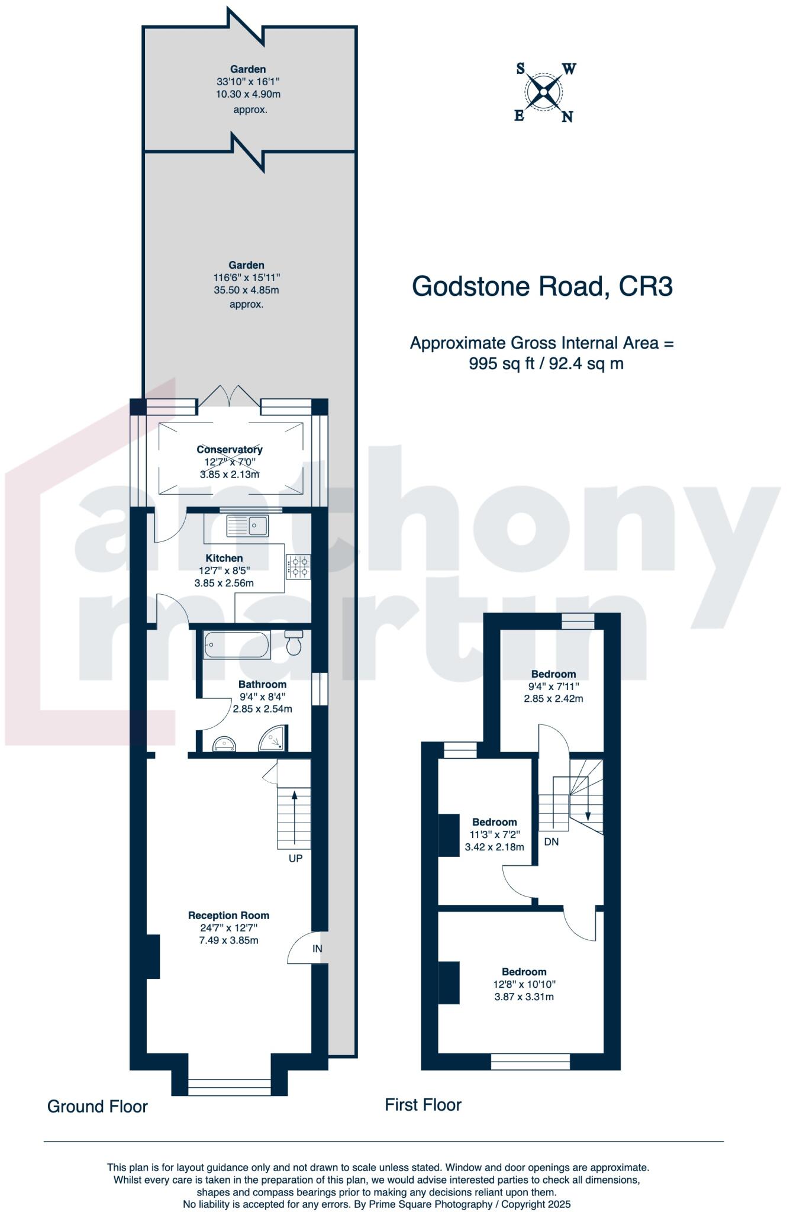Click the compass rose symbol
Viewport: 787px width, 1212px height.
click(543, 92)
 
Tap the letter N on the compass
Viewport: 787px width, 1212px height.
click(567, 117)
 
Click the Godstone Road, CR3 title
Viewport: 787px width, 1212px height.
click(542, 286)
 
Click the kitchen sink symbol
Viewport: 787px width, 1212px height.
click(248, 525)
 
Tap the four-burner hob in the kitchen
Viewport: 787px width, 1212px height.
click(298, 566)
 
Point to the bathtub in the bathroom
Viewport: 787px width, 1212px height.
click(237, 644)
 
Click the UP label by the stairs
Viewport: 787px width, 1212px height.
click(295, 858)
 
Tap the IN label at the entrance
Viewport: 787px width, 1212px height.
click(317, 949)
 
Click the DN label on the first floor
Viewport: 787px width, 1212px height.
click(551, 842)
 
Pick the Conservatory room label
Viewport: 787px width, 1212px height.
click(230, 450)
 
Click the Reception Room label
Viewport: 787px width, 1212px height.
click(228, 916)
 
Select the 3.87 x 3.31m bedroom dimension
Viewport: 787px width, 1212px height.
click(524, 997)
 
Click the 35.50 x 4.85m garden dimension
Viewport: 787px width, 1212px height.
click(246, 291)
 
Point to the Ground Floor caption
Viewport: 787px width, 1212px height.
click(98, 1107)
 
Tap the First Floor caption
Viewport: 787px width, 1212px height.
click(423, 1105)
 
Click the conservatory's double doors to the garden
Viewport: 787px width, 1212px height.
click(228, 397)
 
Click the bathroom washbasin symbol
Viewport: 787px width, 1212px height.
click(224, 743)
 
